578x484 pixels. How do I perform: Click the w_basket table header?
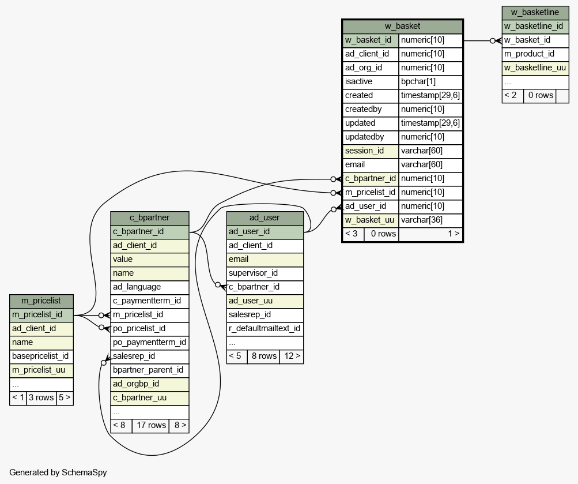click(402, 26)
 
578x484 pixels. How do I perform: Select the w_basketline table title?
click(535, 13)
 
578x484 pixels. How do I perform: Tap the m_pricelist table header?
click(41, 301)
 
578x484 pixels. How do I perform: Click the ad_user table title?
click(265, 217)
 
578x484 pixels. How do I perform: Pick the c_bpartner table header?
click(150, 217)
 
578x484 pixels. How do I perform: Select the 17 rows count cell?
click(151, 425)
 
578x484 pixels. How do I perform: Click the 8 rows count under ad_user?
click(263, 356)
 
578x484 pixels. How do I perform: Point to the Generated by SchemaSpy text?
click(58, 472)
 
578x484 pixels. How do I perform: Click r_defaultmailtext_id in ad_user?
click(265, 329)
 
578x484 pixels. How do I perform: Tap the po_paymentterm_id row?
click(150, 342)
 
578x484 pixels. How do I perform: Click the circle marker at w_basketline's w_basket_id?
click(493, 40)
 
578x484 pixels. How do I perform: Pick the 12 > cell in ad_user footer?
click(292, 356)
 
